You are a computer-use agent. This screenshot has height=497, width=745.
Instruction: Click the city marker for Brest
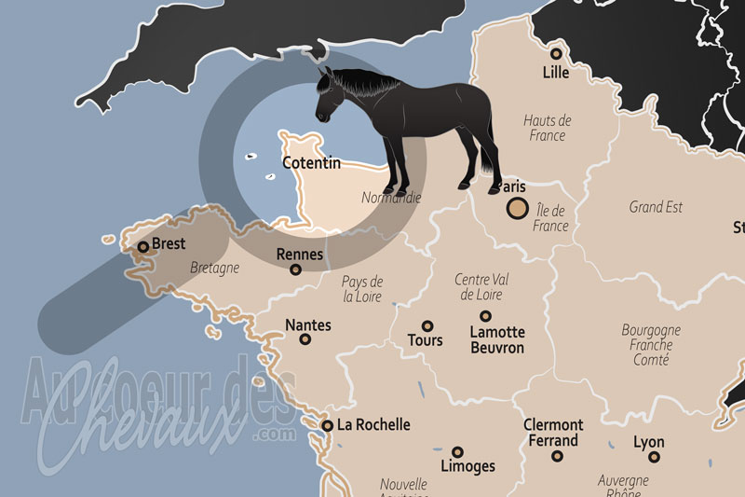tap(142, 247)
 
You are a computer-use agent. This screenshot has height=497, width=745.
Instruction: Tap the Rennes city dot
tap(296, 270)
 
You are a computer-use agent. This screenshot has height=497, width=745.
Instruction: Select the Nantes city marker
tap(305, 339)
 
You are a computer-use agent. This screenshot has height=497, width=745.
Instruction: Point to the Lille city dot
tap(556, 53)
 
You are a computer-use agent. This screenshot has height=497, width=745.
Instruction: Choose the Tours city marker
tap(427, 326)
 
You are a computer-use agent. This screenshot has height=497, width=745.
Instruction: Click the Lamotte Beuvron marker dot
tap(484, 316)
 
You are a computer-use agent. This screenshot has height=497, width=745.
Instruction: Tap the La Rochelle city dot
tap(327, 425)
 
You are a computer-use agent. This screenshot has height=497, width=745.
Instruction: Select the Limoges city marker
tap(457, 451)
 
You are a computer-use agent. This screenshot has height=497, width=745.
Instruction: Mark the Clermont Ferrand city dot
tap(557, 456)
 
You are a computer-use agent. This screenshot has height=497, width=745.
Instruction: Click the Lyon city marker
tap(655, 457)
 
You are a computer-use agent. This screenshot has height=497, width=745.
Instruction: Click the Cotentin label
tap(312, 164)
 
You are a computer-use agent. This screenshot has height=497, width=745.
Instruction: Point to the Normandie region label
tap(391, 198)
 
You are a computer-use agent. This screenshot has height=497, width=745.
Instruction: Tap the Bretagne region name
tap(214, 268)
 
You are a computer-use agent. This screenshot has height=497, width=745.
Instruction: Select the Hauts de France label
tap(547, 128)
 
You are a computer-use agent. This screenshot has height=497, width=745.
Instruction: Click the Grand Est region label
tap(656, 207)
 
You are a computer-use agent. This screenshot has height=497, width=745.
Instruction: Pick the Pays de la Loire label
tap(363, 289)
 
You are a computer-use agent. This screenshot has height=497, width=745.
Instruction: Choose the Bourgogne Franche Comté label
tap(651, 344)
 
